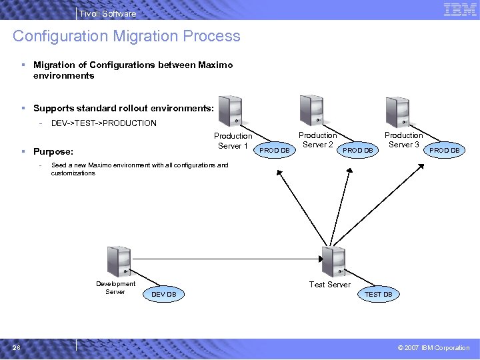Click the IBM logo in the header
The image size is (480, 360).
(x=459, y=9)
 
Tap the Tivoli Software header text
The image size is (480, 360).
(x=107, y=13)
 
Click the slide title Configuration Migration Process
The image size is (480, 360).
(x=126, y=36)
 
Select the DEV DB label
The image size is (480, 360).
(x=164, y=294)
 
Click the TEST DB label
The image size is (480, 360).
(x=378, y=294)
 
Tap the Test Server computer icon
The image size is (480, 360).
(x=332, y=261)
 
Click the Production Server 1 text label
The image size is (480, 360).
(x=233, y=141)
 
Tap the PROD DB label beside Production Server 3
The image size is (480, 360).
(x=444, y=150)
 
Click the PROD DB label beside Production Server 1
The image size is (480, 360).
(x=275, y=150)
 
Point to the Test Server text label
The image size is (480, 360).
(x=329, y=285)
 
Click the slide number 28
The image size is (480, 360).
(x=17, y=347)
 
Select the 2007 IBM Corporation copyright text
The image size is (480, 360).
(x=433, y=347)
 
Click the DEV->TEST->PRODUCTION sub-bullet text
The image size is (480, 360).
(x=104, y=123)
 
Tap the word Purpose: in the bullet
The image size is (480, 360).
(x=53, y=151)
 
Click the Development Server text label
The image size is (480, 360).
(x=115, y=287)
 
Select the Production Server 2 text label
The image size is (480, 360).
(x=317, y=140)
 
